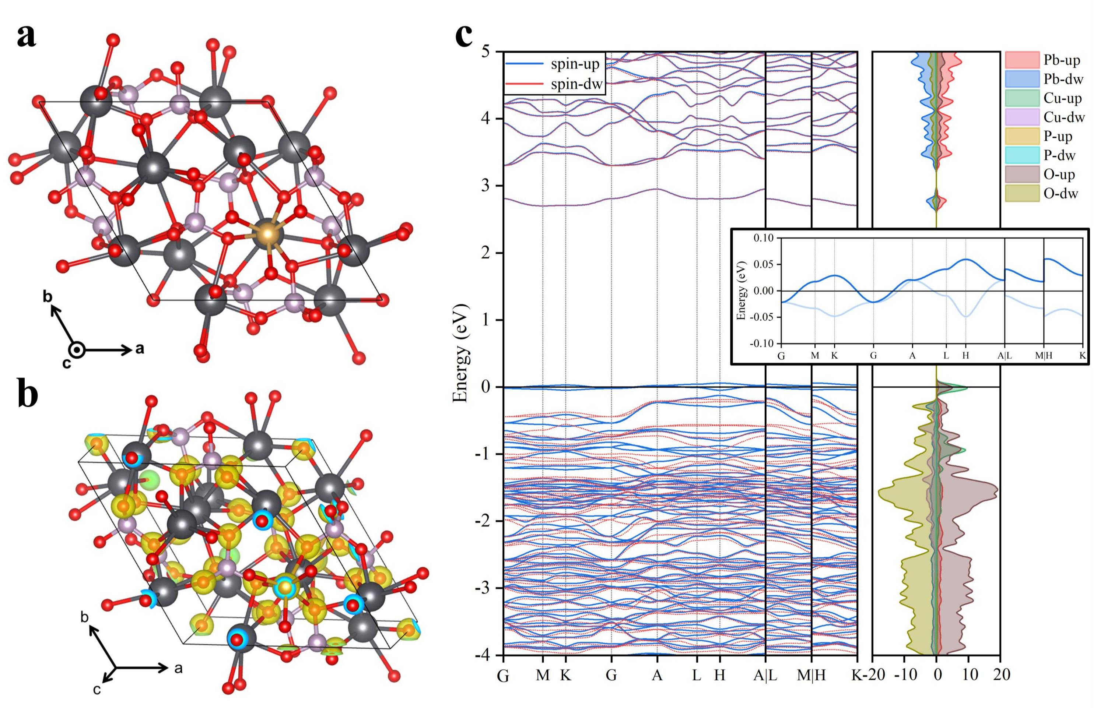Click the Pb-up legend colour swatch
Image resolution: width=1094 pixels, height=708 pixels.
point(1022,60)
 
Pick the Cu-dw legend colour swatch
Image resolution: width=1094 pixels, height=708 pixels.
point(1022,117)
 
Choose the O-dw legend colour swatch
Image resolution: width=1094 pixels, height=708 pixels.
point(1022,193)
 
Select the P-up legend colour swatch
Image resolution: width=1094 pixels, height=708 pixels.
point(1022,137)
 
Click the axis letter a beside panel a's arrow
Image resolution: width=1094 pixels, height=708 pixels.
point(140,349)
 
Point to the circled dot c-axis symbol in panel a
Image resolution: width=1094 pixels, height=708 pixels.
point(78,351)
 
